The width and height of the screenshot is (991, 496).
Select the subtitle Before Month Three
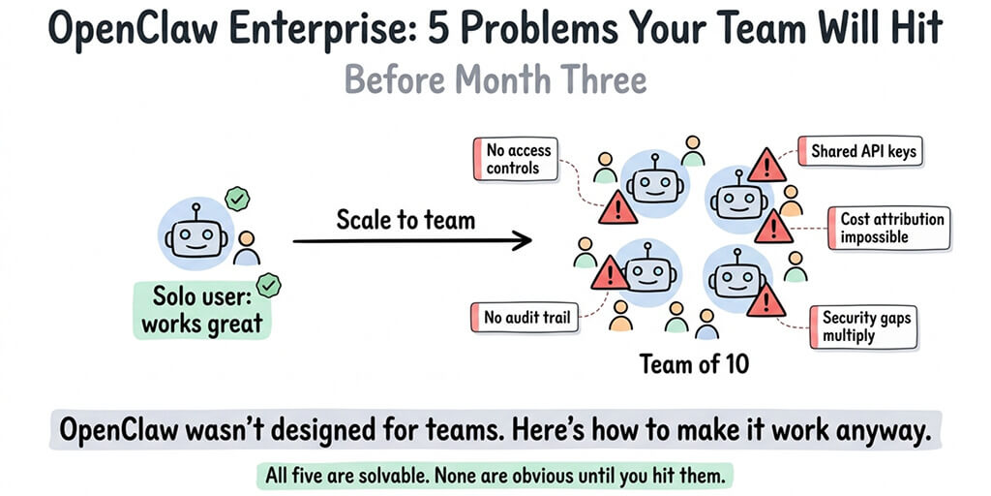[495, 79]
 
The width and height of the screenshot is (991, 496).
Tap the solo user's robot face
[194, 236]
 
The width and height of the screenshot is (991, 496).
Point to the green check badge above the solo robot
[236, 200]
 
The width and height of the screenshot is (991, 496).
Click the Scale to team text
[405, 219]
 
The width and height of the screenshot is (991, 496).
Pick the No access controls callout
[518, 160]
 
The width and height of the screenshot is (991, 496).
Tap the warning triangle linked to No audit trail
[609, 274]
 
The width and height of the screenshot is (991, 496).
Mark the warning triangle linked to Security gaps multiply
[766, 300]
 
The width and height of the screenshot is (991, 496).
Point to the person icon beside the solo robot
[248, 248]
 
